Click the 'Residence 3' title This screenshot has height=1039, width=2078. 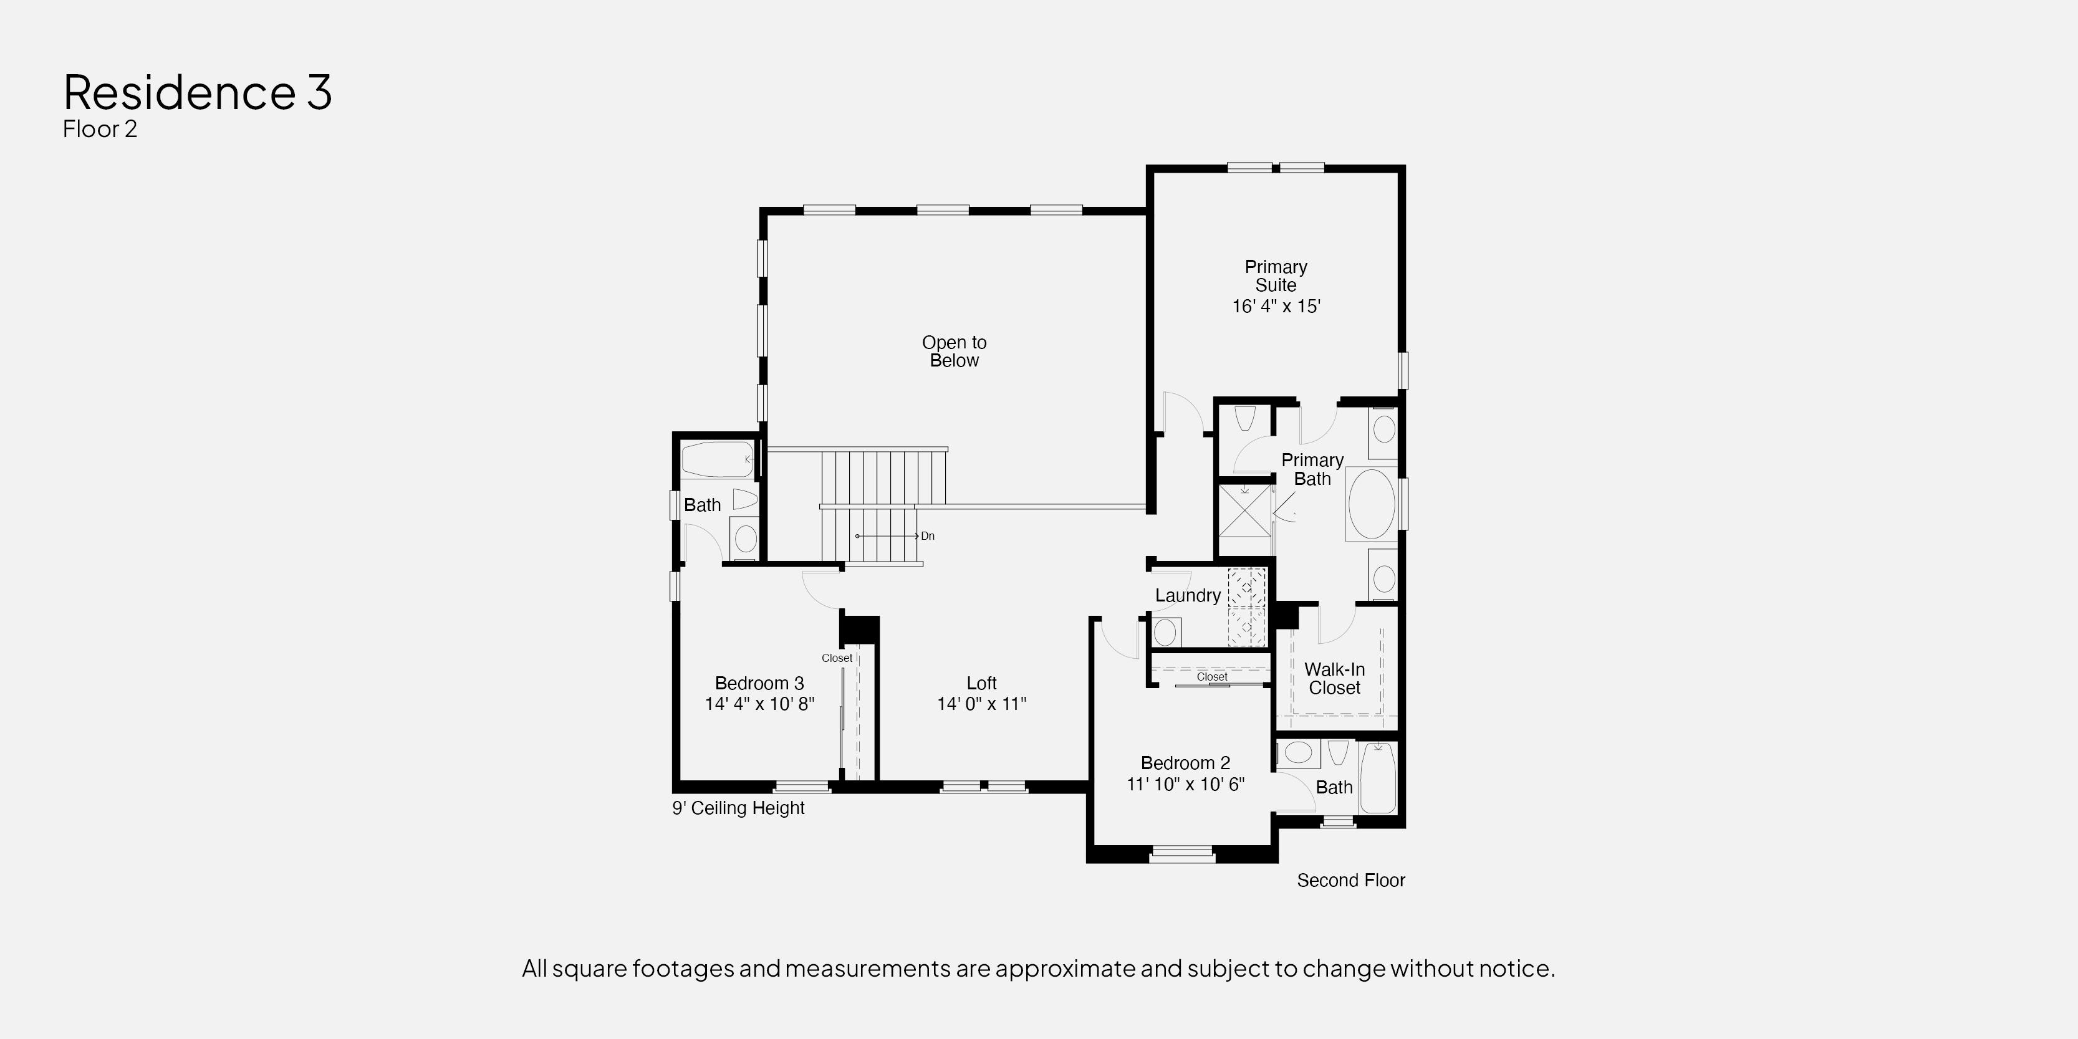click(x=198, y=92)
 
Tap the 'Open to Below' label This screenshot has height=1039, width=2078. click(x=955, y=352)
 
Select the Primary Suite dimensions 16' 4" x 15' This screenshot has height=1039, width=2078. click(x=1276, y=307)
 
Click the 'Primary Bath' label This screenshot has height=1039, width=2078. click(x=1312, y=469)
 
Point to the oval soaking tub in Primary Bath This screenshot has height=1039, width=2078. click(x=1372, y=504)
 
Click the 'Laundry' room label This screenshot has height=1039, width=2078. click(x=1188, y=595)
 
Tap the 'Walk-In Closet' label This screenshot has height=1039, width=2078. click(x=1334, y=678)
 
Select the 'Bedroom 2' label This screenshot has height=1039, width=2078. click(x=1185, y=763)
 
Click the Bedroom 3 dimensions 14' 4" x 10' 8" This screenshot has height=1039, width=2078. click(x=759, y=704)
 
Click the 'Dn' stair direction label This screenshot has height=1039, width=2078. click(x=928, y=535)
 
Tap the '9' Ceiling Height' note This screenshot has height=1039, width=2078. click(x=738, y=808)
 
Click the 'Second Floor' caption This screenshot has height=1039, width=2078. click(x=1351, y=881)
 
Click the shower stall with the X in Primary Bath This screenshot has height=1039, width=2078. click(x=1244, y=510)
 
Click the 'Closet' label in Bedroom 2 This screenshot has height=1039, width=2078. click(x=1211, y=677)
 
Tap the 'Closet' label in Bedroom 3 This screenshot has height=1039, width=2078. click(x=837, y=658)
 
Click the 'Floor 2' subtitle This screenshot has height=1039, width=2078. click(x=100, y=129)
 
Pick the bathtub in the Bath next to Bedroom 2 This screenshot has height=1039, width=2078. click(x=1378, y=778)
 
